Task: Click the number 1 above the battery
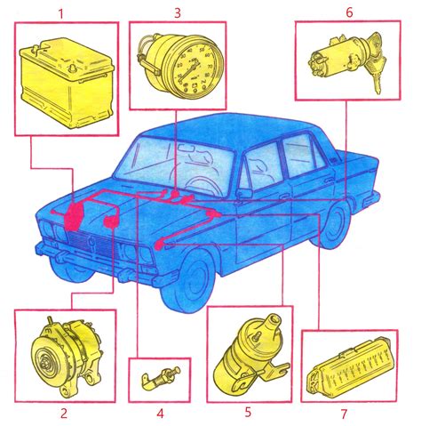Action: [61, 14]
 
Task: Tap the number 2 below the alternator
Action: [64, 413]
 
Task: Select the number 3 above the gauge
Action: [178, 12]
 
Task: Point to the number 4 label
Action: [160, 414]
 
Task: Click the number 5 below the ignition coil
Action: [248, 413]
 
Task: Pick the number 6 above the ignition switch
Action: [349, 12]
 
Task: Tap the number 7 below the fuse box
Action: [344, 414]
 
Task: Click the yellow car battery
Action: [67, 84]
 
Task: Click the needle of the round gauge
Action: [187, 72]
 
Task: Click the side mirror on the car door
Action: [244, 193]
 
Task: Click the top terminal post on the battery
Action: [71, 68]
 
